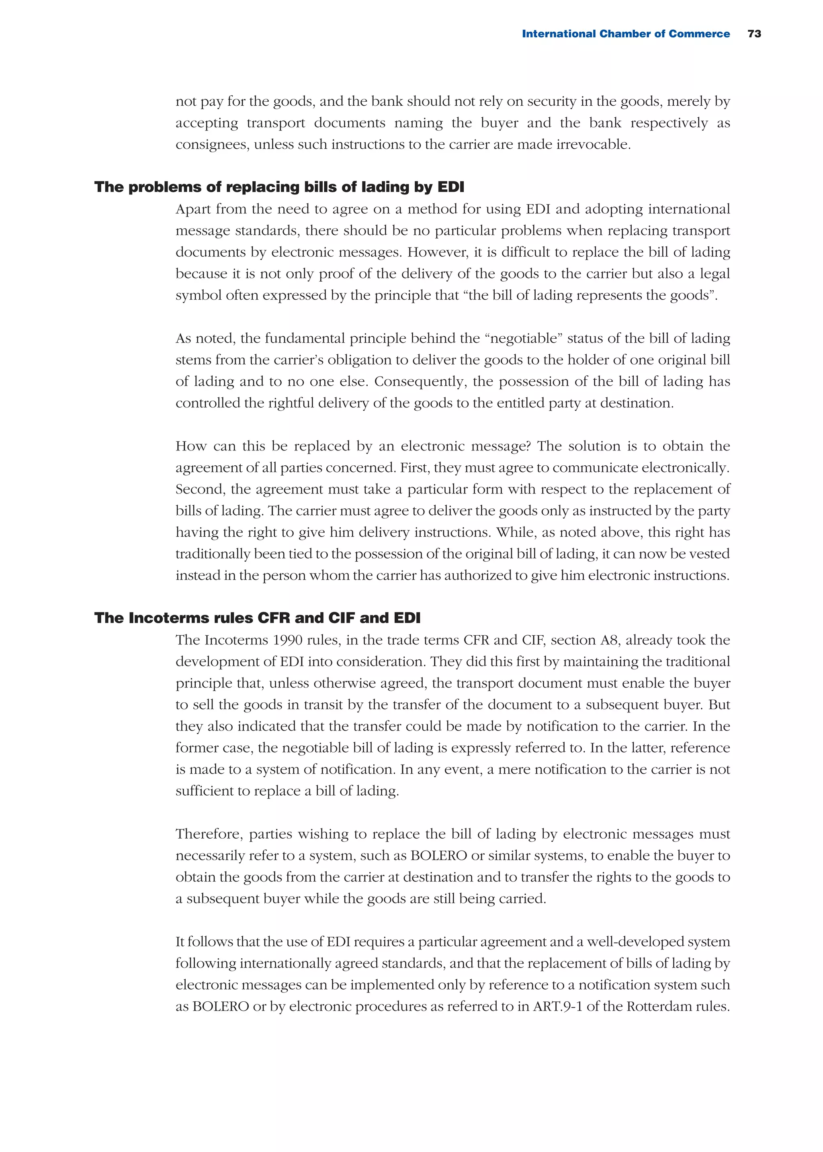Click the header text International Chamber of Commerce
pyautogui.click(x=625, y=34)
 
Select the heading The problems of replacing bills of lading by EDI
pyautogui.click(x=279, y=187)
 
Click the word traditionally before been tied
pyautogui.click(x=213, y=554)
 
